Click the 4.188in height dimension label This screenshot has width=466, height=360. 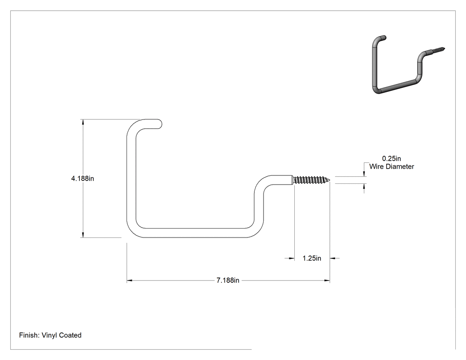tap(83, 178)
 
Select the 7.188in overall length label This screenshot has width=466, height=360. tap(228, 281)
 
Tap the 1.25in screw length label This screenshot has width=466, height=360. tap(312, 258)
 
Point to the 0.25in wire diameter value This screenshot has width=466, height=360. tap(391, 159)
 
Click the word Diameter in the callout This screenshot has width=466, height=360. tap(399, 166)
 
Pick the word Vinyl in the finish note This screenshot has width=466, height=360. tap(49, 335)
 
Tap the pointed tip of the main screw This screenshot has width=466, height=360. tap(331, 179)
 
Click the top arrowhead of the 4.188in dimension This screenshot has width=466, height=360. tap(83, 122)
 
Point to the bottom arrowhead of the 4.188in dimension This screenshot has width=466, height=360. tap(83, 235)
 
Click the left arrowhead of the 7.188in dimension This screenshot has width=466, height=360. tap(129, 281)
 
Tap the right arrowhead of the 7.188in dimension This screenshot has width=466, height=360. tap(327, 281)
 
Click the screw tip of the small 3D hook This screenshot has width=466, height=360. tap(444, 47)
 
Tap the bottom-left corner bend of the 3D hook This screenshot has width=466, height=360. tap(376, 90)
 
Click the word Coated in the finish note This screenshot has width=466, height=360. tap(70, 335)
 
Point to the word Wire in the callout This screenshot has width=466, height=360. tap(376, 166)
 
